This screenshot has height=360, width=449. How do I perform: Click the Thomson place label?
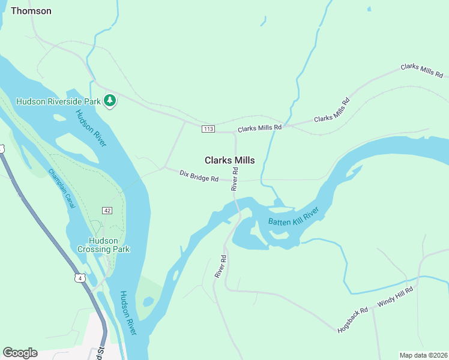click(31, 11)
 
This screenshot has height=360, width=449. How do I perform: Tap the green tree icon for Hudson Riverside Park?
click(109, 101)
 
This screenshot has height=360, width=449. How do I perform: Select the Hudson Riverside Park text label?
click(58, 101)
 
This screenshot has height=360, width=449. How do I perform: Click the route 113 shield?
click(208, 129)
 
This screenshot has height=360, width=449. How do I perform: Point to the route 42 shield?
click(107, 211)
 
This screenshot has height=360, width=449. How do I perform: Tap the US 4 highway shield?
click(79, 277)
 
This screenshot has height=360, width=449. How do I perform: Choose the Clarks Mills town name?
click(229, 160)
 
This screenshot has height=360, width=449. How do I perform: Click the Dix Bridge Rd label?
click(199, 176)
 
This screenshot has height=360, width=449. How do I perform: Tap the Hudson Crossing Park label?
click(103, 244)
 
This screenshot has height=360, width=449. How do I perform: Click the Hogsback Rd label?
click(352, 321)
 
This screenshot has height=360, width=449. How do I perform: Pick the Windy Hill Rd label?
click(396, 297)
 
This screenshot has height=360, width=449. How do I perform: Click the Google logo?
click(20, 353)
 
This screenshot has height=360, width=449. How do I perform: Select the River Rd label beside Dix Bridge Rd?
click(235, 179)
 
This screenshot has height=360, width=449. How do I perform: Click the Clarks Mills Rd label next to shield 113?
click(259, 128)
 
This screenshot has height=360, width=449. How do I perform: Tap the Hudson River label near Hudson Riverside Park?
click(91, 128)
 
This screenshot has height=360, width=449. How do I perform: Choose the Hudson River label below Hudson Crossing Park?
click(128, 313)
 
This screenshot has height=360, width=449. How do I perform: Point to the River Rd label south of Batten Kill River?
click(220, 266)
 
